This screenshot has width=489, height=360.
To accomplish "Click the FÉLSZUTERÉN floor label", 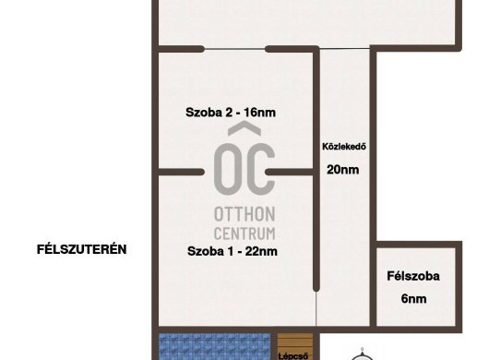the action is (x=82, y=249).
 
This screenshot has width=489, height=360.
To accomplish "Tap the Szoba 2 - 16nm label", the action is (x=231, y=113).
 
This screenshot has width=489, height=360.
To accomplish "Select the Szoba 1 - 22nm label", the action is (x=232, y=251).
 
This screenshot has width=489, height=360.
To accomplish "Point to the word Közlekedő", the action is (x=344, y=147).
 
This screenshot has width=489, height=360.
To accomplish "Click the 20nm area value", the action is (x=342, y=170).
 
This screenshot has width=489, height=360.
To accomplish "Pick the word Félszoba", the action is (x=413, y=276).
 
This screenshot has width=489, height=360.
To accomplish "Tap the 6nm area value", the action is (x=413, y=299).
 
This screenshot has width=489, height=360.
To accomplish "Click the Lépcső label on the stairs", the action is (x=293, y=356).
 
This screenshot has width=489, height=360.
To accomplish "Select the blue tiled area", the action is (x=215, y=346).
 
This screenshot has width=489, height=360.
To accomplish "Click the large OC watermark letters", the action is (x=244, y=169).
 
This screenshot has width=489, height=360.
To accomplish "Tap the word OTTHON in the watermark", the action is (x=244, y=214).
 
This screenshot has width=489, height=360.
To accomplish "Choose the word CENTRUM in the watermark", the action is (x=244, y=234).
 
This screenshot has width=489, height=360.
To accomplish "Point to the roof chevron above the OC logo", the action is (x=244, y=129).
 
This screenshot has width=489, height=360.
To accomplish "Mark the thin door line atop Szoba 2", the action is (x=234, y=49).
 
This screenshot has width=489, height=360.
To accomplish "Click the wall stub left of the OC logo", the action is (x=181, y=172).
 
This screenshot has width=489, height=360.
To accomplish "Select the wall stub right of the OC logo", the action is (x=289, y=172).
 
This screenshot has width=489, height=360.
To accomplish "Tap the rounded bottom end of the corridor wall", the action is (x=316, y=288).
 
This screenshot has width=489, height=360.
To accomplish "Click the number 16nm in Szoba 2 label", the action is (x=259, y=113).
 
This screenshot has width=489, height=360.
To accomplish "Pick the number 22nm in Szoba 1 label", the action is (x=261, y=251).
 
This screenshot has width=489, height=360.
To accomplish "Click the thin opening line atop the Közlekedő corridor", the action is (x=345, y=48).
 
